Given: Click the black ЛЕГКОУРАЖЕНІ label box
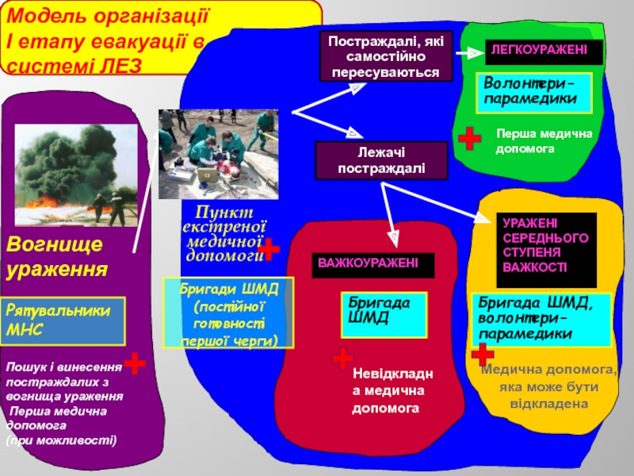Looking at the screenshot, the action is click(x=543, y=52).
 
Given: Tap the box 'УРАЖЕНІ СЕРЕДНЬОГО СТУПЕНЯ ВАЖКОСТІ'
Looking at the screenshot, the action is click(x=546, y=248).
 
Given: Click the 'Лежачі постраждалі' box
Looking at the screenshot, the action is click(x=381, y=161).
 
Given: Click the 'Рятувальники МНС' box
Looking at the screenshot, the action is click(x=63, y=321).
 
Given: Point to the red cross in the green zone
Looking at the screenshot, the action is click(x=470, y=138).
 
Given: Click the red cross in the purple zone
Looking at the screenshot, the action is click(x=135, y=364).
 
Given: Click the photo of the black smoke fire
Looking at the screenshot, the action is click(x=66, y=175).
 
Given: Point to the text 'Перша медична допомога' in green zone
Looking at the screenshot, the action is click(x=543, y=141).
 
